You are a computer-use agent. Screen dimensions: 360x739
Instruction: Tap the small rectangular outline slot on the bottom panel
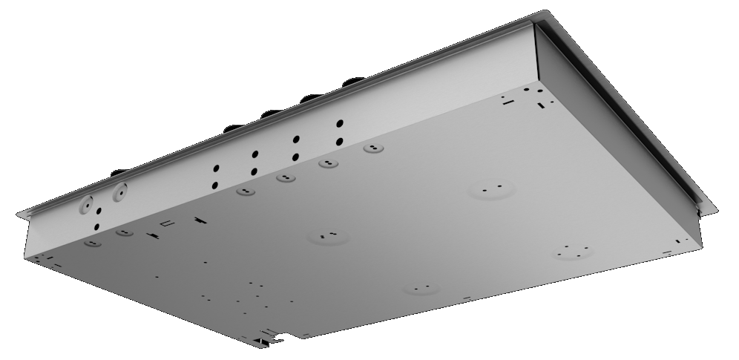click(x=167, y=223)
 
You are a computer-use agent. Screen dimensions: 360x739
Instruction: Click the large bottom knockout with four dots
click(x=572, y=251)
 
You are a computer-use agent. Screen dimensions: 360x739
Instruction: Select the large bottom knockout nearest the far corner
click(x=491, y=190)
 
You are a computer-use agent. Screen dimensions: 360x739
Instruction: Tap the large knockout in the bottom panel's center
click(x=329, y=237)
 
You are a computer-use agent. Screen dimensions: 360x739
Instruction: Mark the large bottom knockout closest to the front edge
click(x=421, y=287)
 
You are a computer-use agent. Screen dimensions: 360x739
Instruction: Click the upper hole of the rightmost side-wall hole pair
click(x=340, y=124)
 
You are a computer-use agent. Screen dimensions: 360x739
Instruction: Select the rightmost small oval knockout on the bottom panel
click(x=373, y=148)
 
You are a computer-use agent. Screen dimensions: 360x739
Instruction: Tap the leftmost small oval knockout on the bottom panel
click(x=92, y=243)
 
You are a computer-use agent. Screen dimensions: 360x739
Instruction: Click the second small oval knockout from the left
click(x=125, y=232)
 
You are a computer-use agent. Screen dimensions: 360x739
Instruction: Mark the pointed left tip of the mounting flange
click(x=19, y=215)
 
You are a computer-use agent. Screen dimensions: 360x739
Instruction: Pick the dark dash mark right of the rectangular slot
click(x=198, y=220)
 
